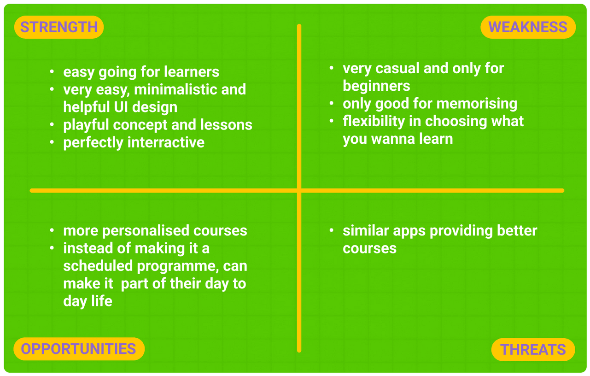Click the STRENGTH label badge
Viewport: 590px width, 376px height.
59,27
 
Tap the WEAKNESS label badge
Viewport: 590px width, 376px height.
528,27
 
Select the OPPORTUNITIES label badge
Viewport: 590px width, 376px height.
79,349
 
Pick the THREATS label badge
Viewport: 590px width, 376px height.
533,349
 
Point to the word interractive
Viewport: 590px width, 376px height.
166,142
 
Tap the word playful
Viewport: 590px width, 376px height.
86,125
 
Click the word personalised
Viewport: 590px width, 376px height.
146,231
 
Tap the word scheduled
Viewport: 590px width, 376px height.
98,266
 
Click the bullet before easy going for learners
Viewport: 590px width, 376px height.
52,72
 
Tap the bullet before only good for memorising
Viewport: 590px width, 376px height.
332,103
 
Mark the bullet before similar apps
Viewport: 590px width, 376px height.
332,230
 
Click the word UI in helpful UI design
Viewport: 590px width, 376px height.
121,107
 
